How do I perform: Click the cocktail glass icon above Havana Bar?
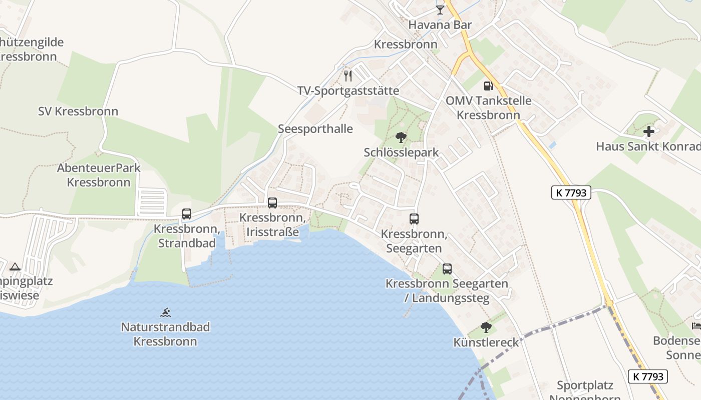(x=440, y=9)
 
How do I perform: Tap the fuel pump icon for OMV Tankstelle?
(x=488, y=86)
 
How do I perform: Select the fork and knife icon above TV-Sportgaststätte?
(x=348, y=76)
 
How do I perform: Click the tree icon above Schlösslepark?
(x=401, y=137)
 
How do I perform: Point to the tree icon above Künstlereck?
(x=486, y=327)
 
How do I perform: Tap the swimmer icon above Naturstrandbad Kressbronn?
(x=166, y=312)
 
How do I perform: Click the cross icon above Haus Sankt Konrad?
(x=649, y=132)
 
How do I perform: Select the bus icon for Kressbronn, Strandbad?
(x=187, y=214)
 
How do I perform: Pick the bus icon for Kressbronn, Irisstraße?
(x=272, y=203)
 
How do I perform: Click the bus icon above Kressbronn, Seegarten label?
(x=414, y=218)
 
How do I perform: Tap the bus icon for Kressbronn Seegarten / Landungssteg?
(x=447, y=268)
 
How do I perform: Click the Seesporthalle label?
(x=315, y=129)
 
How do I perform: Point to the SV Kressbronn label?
(x=78, y=111)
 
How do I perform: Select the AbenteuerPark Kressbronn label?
(x=99, y=175)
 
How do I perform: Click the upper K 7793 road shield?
(x=571, y=192)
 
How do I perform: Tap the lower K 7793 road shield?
(x=648, y=376)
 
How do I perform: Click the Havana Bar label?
(x=440, y=25)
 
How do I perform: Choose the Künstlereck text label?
(x=486, y=342)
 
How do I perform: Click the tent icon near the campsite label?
(x=15, y=267)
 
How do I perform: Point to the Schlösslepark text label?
(x=401, y=152)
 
